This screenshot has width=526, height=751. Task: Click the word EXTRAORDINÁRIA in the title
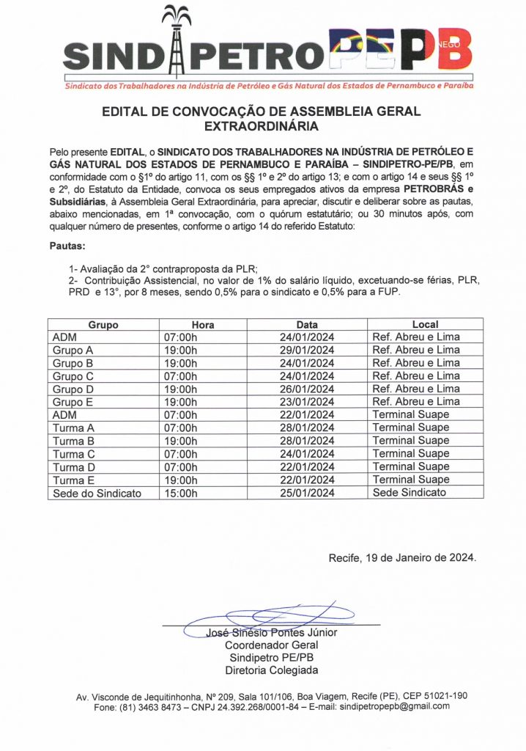(x=262, y=126)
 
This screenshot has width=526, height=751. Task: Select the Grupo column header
(x=103, y=324)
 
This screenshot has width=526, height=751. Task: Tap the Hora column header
(x=203, y=324)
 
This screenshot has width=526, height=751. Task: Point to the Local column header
(x=426, y=324)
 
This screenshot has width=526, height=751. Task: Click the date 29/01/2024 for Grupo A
(x=307, y=350)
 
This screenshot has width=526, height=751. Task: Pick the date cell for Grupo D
(x=307, y=389)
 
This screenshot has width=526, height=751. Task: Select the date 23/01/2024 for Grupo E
(x=307, y=402)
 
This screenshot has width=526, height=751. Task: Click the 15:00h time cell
(x=180, y=493)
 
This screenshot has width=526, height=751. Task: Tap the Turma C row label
(x=74, y=454)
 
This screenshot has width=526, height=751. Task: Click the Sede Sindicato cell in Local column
(x=409, y=493)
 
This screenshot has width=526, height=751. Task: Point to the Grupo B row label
(x=73, y=363)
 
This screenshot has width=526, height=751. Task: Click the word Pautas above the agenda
(x=68, y=247)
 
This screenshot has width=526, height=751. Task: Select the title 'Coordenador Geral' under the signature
(x=271, y=645)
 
